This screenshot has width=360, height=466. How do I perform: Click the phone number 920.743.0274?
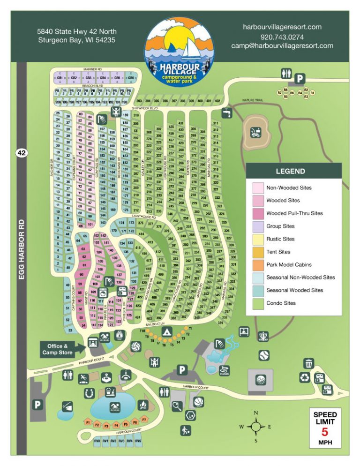click(x=282, y=37)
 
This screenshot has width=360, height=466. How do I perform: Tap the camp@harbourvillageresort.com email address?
click(x=282, y=46)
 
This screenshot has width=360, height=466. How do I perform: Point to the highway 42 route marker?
click(x=22, y=152)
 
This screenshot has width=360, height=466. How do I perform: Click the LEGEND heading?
click(x=290, y=171)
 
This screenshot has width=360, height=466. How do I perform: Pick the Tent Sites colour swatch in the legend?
click(x=257, y=252)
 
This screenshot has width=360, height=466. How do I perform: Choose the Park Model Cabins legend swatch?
click(x=257, y=264)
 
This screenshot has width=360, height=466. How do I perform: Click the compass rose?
click(x=256, y=427)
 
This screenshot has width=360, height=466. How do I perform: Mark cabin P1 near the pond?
click(x=88, y=422)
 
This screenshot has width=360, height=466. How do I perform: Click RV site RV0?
click(x=97, y=441)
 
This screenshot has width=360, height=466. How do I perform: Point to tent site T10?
click(x=142, y=331)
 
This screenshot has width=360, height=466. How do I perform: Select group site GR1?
click(x=60, y=78)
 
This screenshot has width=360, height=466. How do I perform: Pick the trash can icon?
click(x=308, y=363)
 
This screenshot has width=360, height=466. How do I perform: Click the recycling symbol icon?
click(x=305, y=376)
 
